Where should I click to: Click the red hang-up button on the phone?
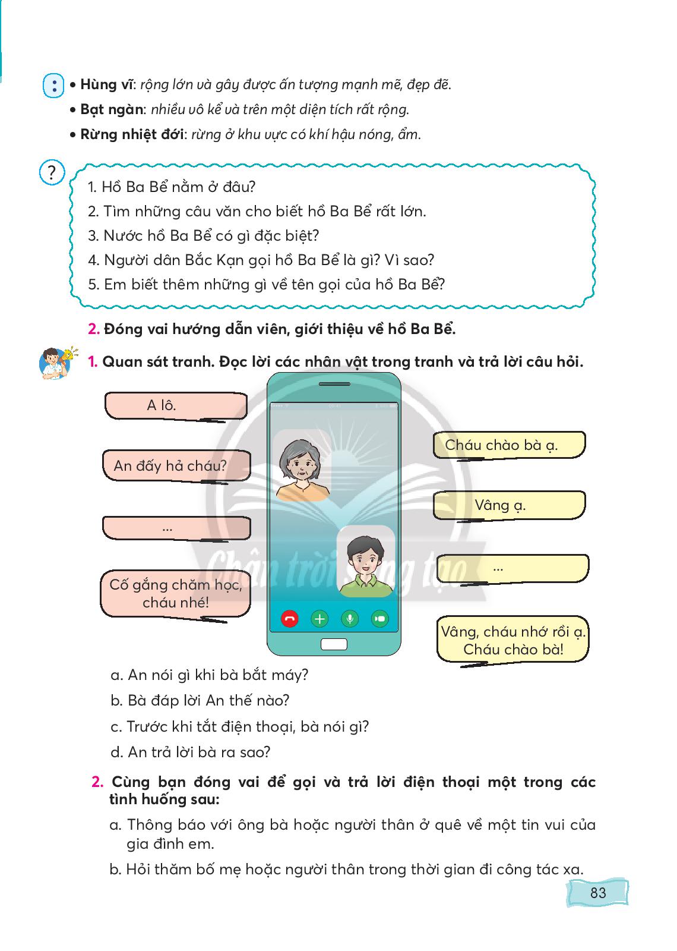click(290, 619)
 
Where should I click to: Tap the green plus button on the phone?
click(319, 619)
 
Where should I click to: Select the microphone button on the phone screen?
click(350, 619)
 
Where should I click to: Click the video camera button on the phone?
click(379, 619)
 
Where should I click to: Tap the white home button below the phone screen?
click(334, 644)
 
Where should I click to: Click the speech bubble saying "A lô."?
click(175, 405)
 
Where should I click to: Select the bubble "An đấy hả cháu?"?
click(176, 465)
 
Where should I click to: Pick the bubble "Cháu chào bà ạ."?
click(508, 445)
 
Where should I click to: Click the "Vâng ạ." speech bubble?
click(508, 505)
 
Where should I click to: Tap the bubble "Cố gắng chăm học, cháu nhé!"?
click(175, 593)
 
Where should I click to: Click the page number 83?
click(597, 893)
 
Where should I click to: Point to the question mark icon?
click(52, 173)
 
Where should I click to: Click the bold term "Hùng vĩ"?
click(106, 84)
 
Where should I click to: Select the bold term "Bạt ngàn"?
click(111, 109)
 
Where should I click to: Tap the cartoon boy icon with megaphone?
click(56, 362)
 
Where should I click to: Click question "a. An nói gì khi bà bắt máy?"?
click(209, 675)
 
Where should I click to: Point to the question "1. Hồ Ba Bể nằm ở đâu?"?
click(172, 187)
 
